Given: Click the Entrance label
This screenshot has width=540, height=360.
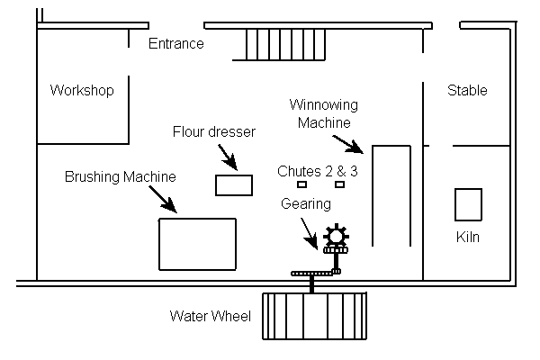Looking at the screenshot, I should pyautogui.click(x=175, y=43).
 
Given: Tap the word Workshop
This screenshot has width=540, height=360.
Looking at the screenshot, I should pyautogui.click(x=82, y=91).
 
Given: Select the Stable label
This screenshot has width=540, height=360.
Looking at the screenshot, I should pyautogui.click(x=467, y=91).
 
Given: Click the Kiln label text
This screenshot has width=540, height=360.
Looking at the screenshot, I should pyautogui.click(x=468, y=238).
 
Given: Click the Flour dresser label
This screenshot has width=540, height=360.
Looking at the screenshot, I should pyautogui.click(x=214, y=132).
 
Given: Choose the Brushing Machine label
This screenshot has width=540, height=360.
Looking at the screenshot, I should pyautogui.click(x=120, y=176).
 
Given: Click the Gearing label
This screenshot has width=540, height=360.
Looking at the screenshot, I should pyautogui.click(x=305, y=204).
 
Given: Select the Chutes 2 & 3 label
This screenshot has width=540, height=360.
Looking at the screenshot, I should pyautogui.click(x=318, y=170).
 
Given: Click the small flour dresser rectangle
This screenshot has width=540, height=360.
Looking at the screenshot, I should pyautogui.click(x=234, y=185).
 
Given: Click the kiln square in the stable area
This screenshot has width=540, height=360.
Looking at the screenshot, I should pyautogui.click(x=468, y=204).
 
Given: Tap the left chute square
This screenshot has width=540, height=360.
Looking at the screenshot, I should pyautogui.click(x=302, y=184).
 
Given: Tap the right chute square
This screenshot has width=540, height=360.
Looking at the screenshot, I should pyautogui.click(x=339, y=184).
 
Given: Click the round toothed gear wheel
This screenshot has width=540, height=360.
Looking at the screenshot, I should pyautogui.click(x=336, y=237).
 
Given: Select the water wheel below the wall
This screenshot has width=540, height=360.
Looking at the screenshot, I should pyautogui.click(x=315, y=316).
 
